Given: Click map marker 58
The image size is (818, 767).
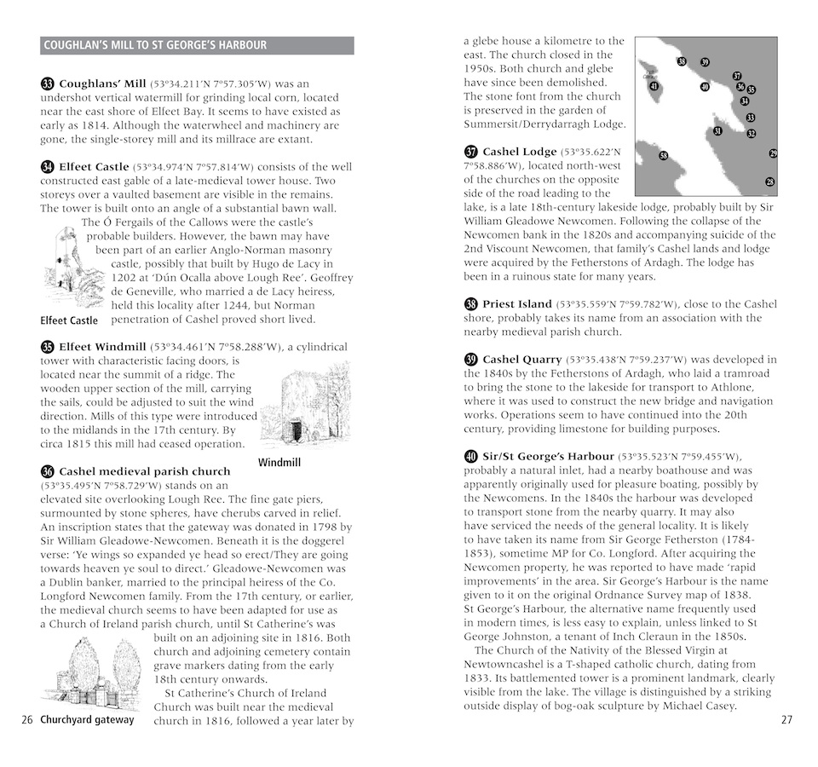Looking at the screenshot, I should coord(664,155).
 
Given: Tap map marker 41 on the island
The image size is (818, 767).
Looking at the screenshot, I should coord(654,86).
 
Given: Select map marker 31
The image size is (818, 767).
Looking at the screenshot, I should coord(717,131).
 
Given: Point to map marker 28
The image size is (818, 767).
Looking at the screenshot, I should coord(770,182).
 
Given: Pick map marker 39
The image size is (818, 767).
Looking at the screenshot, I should coord(705,62).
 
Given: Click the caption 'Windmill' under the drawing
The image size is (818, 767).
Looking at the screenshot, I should coord(280,464).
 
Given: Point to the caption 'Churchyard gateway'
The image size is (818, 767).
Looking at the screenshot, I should coord(87,719).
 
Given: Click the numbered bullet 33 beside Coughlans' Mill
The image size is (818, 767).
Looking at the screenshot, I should coord(48,84).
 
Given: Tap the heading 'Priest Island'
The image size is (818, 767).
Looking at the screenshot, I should coord(517,304).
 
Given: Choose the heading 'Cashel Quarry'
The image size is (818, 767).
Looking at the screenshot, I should coord(521,360).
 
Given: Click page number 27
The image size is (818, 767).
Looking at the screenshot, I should coord(786,719).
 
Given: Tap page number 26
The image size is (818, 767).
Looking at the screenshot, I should coord(26,719).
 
